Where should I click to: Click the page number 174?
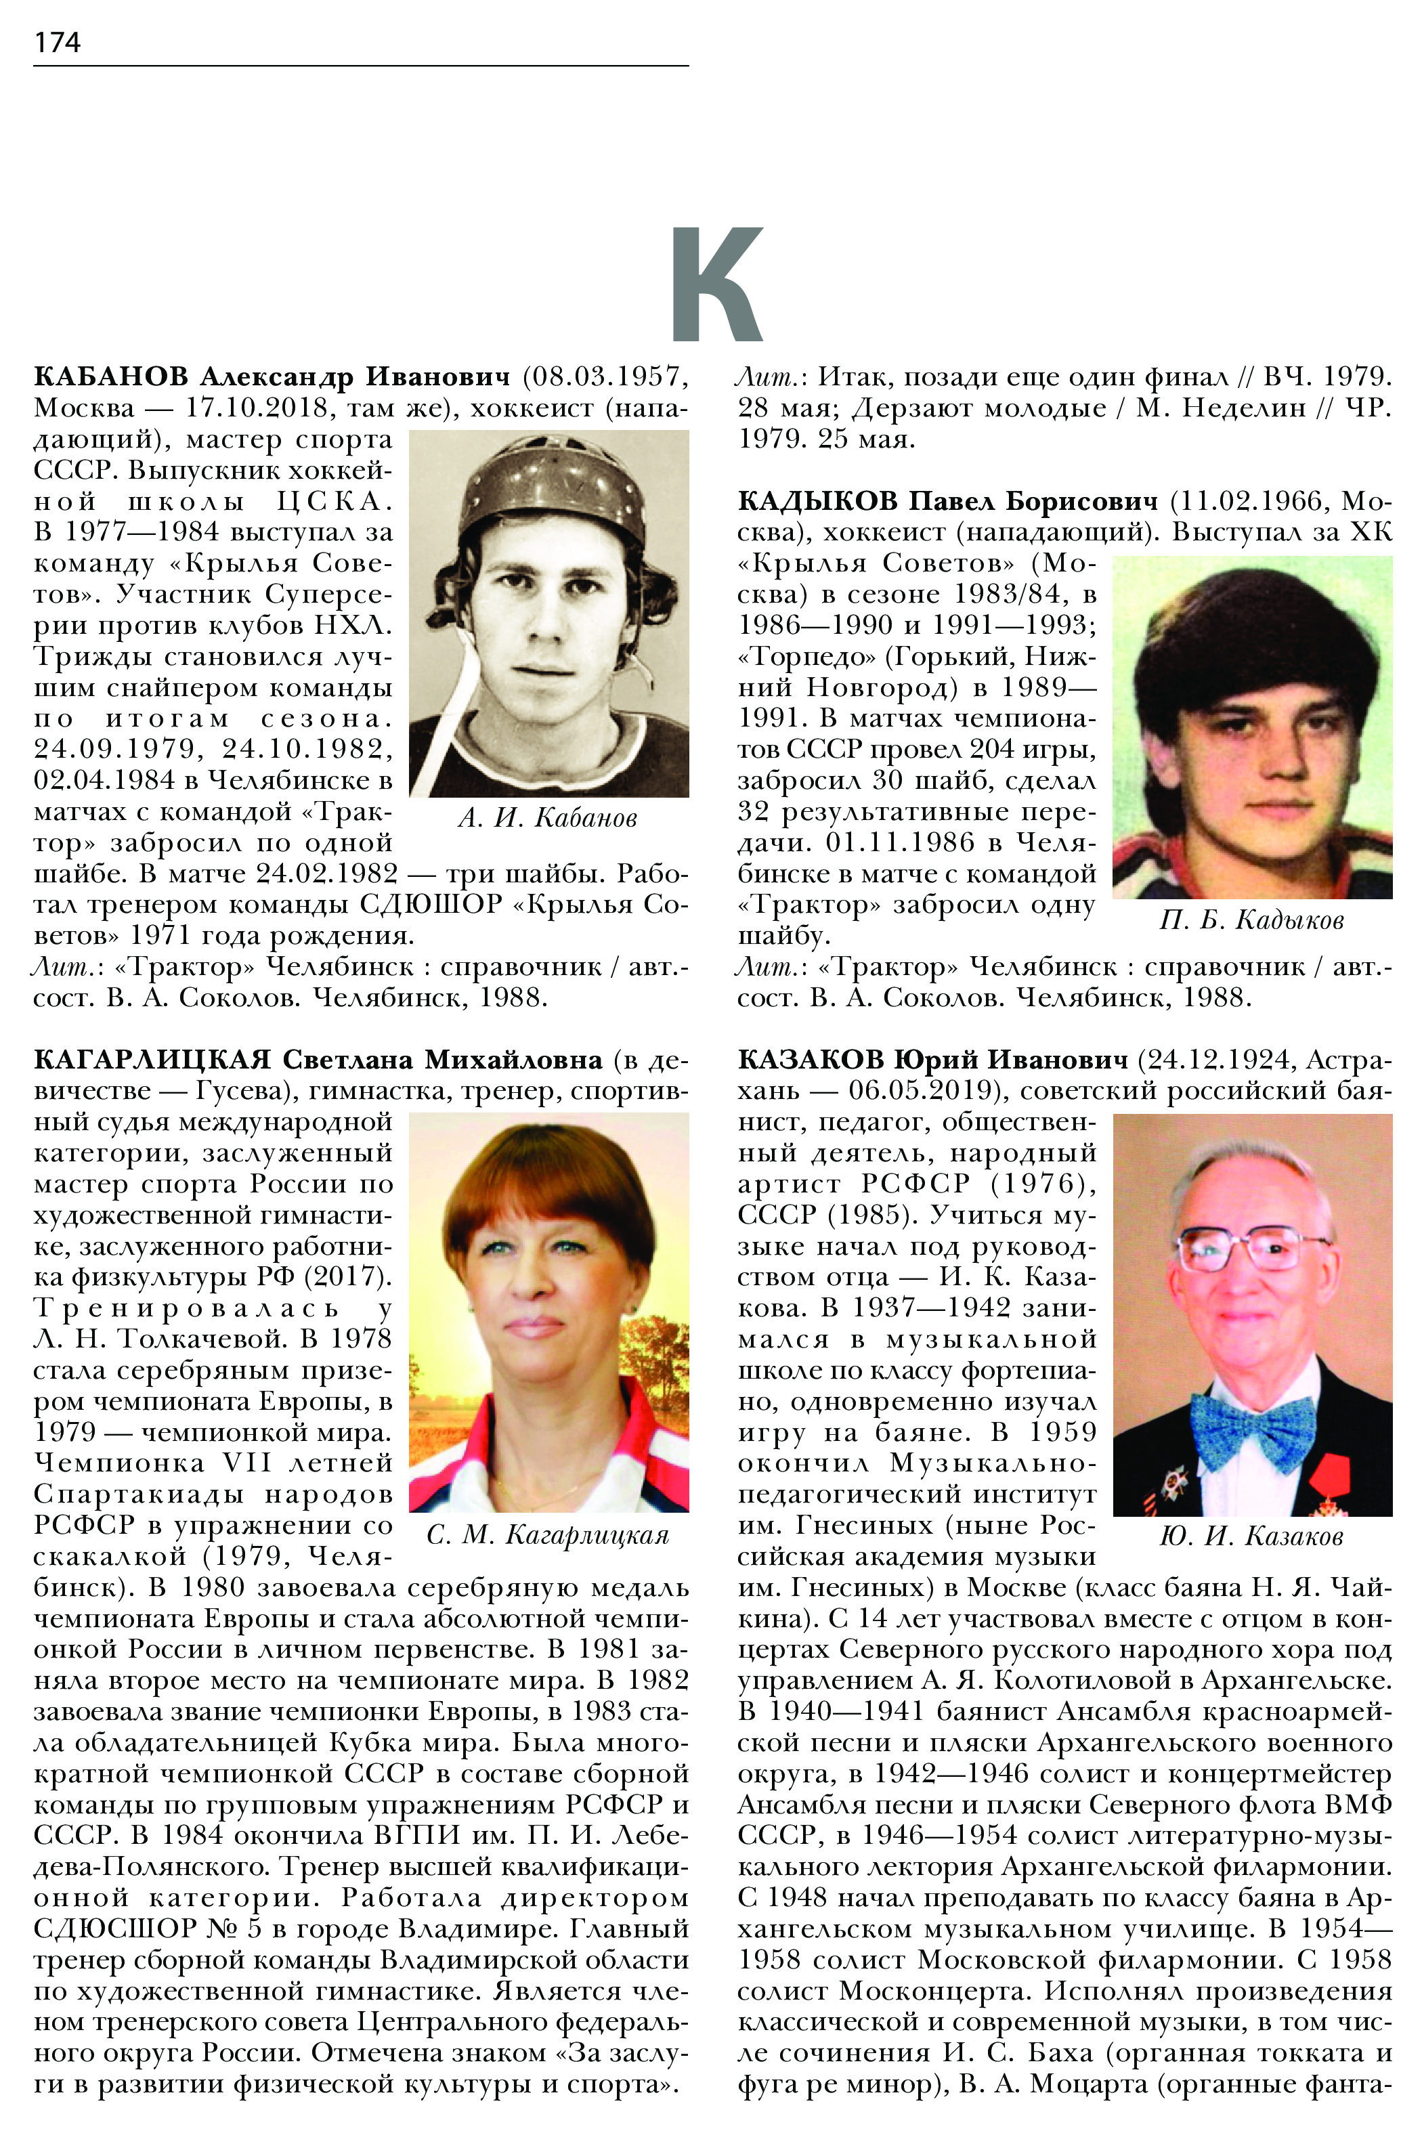click(x=57, y=43)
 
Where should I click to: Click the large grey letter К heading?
click(x=716, y=284)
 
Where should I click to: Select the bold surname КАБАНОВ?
click(x=110, y=376)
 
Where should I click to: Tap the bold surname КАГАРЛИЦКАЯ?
click(x=152, y=1059)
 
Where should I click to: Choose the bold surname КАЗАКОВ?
click(x=810, y=1059)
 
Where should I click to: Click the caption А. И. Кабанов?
click(x=548, y=819)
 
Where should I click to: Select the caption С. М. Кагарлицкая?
click(x=548, y=1535)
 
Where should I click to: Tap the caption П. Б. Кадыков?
click(x=1251, y=920)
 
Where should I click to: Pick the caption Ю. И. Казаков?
click(x=1251, y=1535)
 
